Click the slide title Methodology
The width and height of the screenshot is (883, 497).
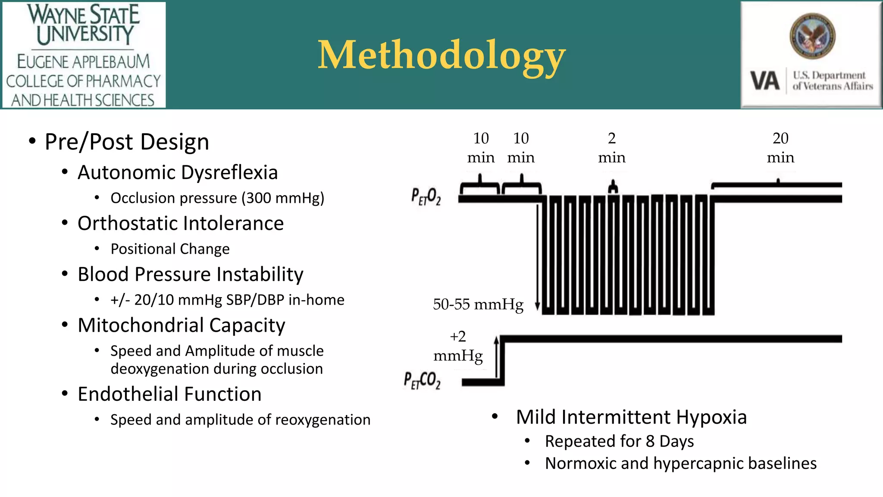point(441,55)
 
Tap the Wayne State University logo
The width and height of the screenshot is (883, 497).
point(84,55)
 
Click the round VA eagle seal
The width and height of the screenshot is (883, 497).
point(812,36)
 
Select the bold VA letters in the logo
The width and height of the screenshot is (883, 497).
point(765,81)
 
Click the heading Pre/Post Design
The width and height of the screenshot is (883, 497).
point(127,142)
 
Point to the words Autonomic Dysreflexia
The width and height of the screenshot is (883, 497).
point(178,173)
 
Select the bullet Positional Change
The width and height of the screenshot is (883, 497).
point(170,249)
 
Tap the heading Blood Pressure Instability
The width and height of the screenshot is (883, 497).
point(190,274)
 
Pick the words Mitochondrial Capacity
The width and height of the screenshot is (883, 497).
point(181,325)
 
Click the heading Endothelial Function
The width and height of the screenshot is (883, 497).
point(169,394)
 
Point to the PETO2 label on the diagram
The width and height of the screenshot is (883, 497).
point(426,196)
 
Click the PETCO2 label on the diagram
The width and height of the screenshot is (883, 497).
point(422,380)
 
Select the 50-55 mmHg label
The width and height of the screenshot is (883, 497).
point(478,305)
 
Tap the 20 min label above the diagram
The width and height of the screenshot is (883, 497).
point(780,148)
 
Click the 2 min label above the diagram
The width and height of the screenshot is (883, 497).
point(611,148)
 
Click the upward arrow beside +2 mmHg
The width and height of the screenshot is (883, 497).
point(496,358)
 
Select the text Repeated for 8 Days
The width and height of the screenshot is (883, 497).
point(619,441)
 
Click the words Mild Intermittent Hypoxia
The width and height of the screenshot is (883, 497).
point(631,417)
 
